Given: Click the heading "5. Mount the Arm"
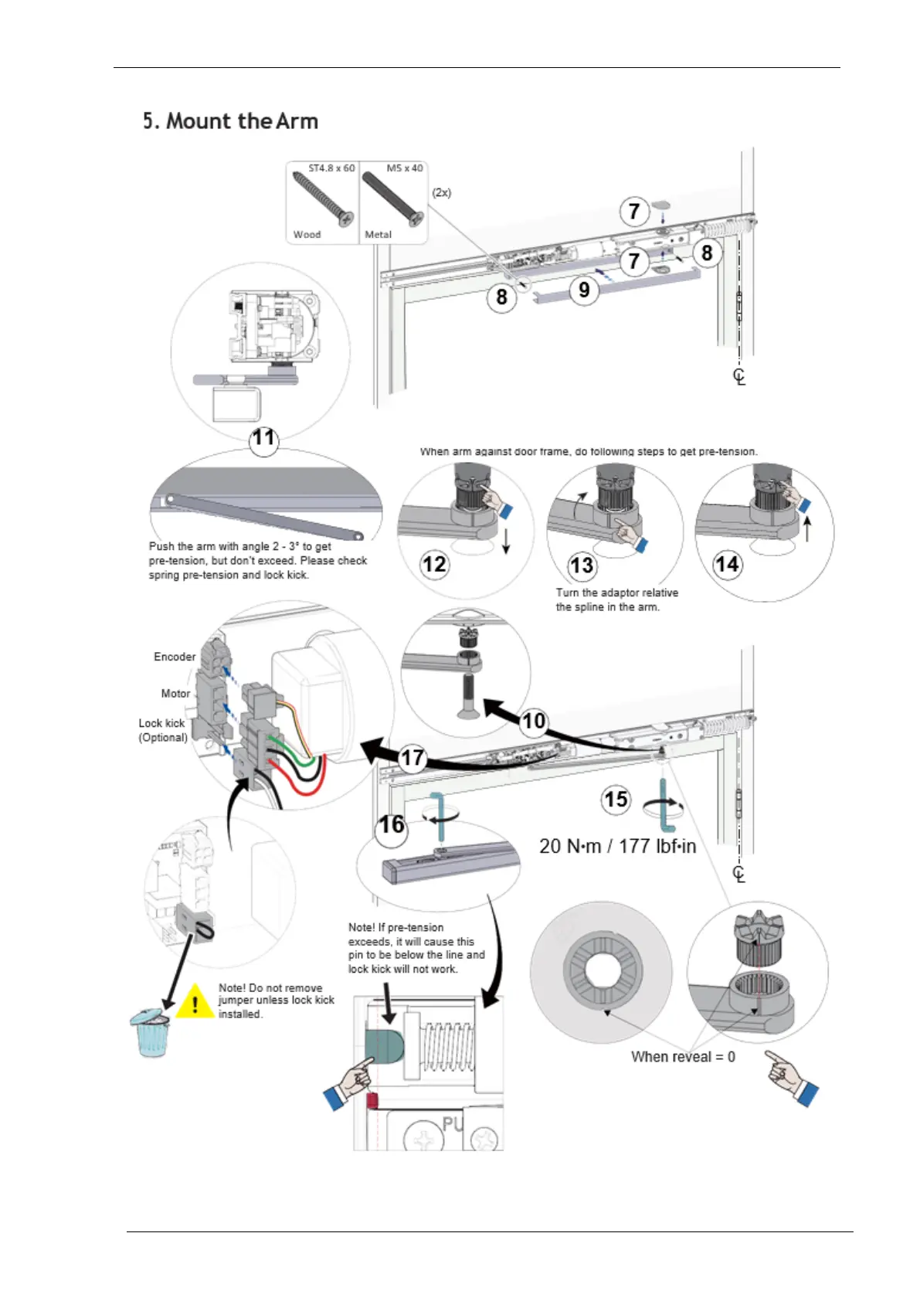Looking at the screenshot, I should pos(230,121).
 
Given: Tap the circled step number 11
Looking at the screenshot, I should pos(263,439).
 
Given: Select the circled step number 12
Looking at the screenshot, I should pos(434,564).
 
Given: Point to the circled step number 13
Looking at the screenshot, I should pos(582,566).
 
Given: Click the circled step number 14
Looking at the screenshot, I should pos(727,564).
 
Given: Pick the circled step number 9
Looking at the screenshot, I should pos(584,290).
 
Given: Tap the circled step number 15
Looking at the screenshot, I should pos(616,799).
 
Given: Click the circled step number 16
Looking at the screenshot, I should pos(392,825).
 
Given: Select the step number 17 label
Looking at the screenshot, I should pos(412,757).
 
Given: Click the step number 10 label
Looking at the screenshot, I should pos(534,721).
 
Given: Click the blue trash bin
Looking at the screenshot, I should pos(151,1033).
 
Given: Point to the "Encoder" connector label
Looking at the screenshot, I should pos(175,657).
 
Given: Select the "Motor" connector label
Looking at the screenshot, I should pos(175,693).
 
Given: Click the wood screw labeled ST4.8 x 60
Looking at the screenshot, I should pos(322,198).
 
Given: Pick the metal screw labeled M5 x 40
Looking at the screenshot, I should pos(393,198).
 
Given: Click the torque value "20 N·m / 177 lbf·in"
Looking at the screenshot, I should pos(617,846).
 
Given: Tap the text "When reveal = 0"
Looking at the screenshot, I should pos(683,1056).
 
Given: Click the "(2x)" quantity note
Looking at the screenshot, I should pos(442,192).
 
